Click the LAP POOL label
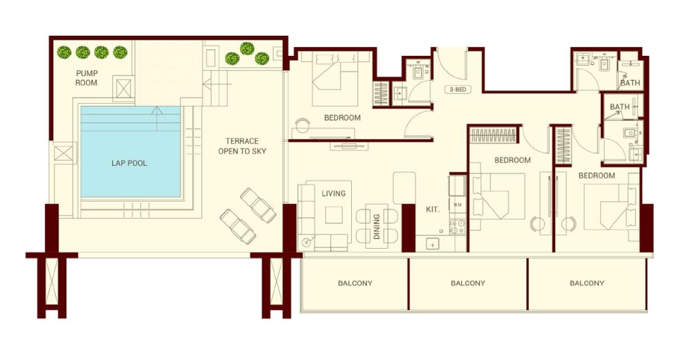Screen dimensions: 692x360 [x=129, y=164]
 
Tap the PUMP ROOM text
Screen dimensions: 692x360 [x=87, y=78]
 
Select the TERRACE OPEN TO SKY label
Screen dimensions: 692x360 [x=242, y=146]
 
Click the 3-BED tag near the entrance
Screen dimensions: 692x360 [x=457, y=90]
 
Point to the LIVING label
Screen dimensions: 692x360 [x=333, y=193]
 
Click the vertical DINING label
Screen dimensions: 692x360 [x=377, y=226]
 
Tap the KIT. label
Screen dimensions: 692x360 [x=433, y=210]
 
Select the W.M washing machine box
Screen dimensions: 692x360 [x=457, y=205]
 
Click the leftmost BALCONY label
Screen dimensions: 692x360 [x=355, y=283]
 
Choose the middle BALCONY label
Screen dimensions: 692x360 [x=468, y=283]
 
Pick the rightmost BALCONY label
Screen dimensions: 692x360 [x=587, y=283]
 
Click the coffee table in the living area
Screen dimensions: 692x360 [x=333, y=215]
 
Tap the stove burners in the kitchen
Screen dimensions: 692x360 [x=457, y=227]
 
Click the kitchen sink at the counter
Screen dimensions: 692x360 [x=433, y=243]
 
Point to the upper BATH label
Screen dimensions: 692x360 [x=630, y=82]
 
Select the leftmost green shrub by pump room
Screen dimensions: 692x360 [x=64, y=52]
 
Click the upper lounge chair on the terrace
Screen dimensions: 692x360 [x=258, y=204]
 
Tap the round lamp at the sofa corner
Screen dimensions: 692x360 [x=306, y=242]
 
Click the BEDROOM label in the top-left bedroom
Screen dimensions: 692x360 [x=342, y=118]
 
